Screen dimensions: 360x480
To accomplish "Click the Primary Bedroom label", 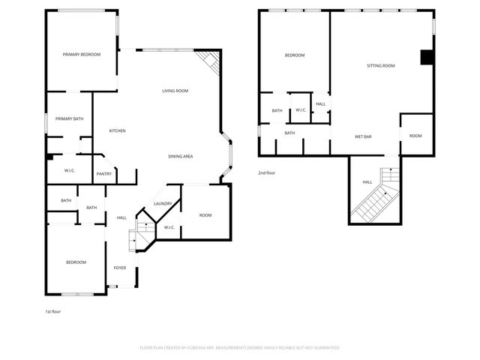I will (82, 54).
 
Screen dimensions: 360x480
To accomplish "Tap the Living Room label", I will (175, 91).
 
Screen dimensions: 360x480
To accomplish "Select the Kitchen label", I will (117, 131).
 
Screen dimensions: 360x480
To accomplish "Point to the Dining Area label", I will (181, 156).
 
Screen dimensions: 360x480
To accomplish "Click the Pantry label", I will (103, 174).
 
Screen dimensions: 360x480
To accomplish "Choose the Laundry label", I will (163, 204).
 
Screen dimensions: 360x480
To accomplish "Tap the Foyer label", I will (120, 268).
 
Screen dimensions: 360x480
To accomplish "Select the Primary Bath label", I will (69, 118).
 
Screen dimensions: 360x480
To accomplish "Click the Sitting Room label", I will (380, 66).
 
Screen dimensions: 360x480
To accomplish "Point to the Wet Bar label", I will (363, 136).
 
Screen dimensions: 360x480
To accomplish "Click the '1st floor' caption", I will (52, 310).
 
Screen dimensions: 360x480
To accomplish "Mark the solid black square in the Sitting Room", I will (426, 58).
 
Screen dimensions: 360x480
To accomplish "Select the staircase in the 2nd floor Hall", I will (377, 196).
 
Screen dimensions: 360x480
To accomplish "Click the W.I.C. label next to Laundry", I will (169, 227).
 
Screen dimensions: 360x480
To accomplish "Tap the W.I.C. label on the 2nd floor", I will (300, 110).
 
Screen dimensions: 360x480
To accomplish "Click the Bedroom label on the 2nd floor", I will (294, 55).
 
